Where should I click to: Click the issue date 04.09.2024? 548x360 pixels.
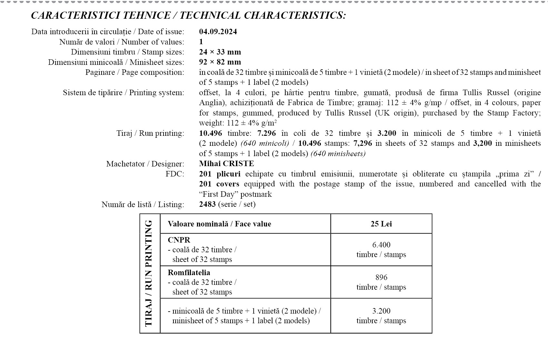pos(218,32)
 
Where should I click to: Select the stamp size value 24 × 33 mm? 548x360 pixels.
pos(220,52)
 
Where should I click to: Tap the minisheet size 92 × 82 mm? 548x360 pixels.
pos(220,62)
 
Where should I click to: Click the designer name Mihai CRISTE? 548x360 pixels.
pos(226,164)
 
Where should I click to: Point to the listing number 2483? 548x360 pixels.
pos(207,204)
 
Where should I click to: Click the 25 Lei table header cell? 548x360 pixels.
pos(381,224)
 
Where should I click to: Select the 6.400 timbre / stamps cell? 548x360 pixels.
pos(381,250)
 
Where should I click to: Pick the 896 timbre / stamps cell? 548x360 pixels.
pos(381,282)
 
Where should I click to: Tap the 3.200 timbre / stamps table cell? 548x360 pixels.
pos(381,316)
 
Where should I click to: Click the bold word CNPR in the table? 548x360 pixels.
pos(179,240)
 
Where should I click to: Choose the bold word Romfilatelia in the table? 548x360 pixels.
pos(189,273)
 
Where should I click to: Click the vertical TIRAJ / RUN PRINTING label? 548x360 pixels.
pos(149,273)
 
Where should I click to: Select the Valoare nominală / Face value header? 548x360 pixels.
pos(219,224)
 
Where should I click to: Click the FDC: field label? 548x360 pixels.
pos(175,174)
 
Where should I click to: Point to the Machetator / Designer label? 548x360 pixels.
pos(145,164)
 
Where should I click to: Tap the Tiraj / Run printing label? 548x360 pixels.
pos(150,133)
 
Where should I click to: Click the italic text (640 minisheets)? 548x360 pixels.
pos(338,154)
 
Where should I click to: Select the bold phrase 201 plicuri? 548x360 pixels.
pos(220,174)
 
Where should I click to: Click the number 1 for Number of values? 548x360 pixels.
pos(201,42)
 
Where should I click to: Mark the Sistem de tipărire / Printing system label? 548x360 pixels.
pos(123,93)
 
